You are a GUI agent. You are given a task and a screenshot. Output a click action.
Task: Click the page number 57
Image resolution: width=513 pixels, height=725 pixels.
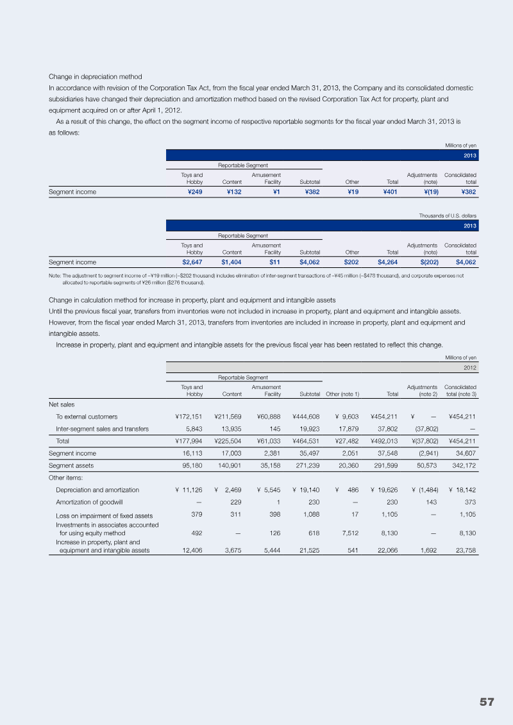[487, 702]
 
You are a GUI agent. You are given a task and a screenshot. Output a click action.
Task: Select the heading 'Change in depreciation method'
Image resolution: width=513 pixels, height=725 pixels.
[96, 77]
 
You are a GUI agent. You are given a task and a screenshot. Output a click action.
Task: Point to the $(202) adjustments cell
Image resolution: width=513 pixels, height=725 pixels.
[427, 262]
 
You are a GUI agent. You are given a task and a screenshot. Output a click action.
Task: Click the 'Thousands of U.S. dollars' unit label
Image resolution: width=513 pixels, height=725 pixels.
[451, 217]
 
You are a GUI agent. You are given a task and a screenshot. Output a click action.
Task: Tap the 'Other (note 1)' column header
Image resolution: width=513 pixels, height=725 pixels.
[342, 394]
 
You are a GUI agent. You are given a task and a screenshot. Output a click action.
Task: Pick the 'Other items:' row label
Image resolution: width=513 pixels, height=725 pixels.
[65, 477]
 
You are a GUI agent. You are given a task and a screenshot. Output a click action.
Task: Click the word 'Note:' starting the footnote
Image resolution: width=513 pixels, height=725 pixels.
[55, 276]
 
